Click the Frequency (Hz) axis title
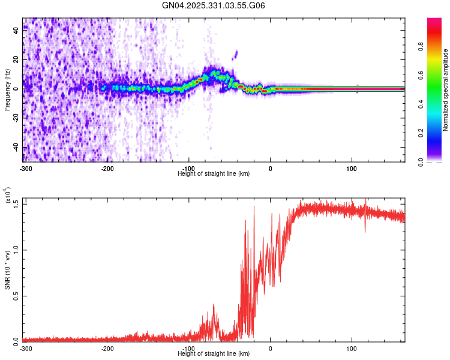[7, 91]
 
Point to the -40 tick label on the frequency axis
[16, 148]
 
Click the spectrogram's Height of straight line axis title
[214, 173]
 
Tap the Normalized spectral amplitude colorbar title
[445, 90]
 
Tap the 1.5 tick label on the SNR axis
[16, 203]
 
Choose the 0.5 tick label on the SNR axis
[16, 295]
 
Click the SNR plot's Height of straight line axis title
[214, 353]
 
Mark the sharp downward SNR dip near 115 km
[365, 230]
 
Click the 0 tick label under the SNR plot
[270, 348]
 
